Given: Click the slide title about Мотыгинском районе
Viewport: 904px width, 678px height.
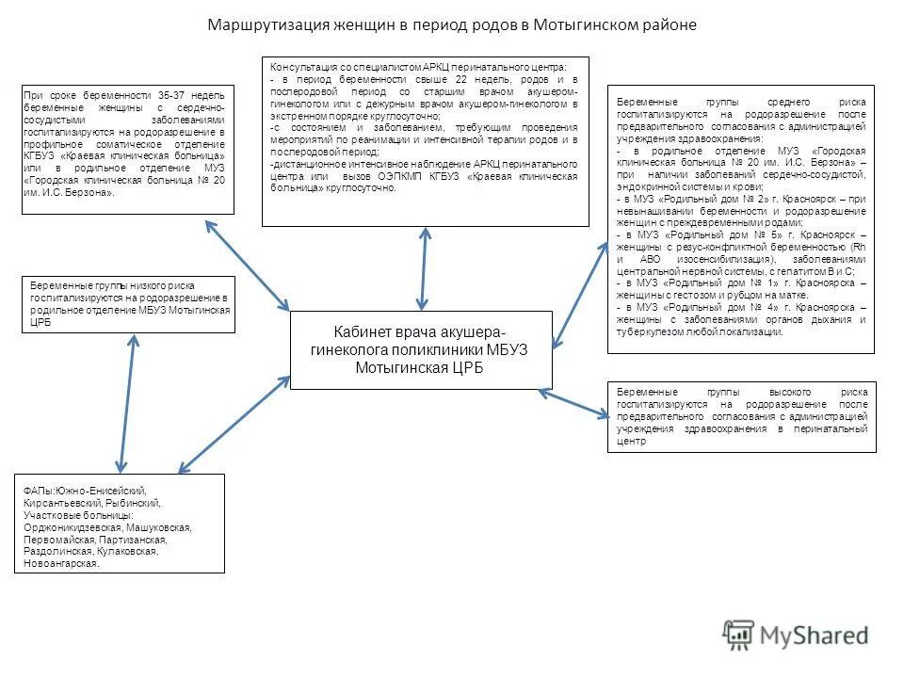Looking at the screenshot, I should coord(452,24).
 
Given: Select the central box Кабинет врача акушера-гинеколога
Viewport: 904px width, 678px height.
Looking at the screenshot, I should coord(420,350).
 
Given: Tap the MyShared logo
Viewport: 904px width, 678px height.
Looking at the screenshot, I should coord(796,635).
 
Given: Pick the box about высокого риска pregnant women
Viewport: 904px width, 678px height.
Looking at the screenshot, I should coord(742,416).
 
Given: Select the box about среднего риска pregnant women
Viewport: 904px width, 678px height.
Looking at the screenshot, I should coord(740,218).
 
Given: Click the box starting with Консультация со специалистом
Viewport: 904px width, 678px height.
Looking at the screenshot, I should coord(425,141).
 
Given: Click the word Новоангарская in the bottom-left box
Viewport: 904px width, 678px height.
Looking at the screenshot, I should coord(61,563).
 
